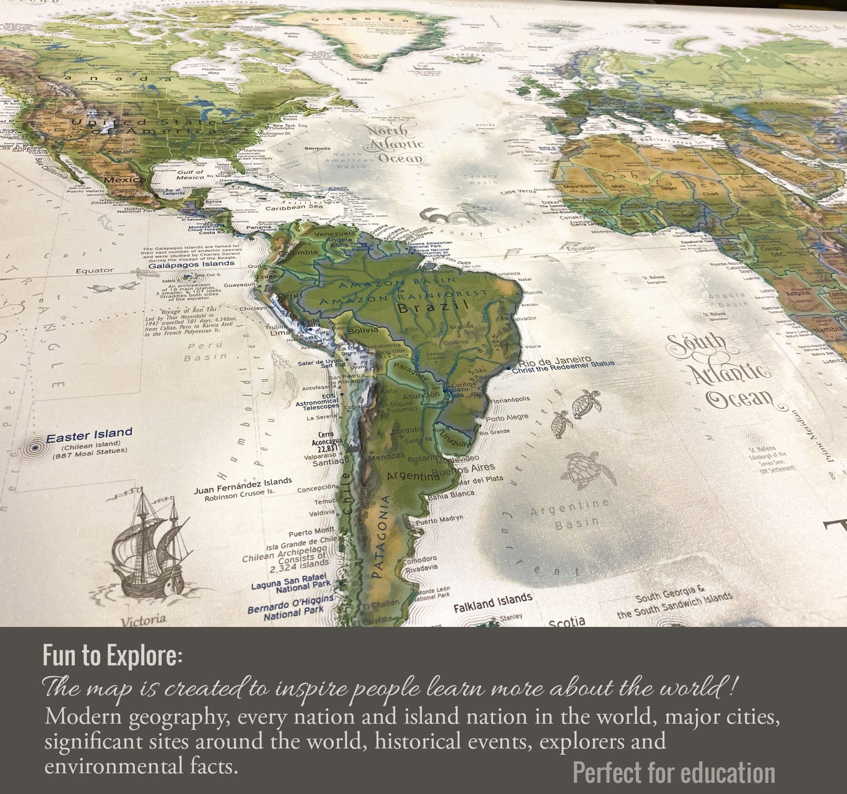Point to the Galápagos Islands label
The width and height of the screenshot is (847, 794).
tap(191, 264)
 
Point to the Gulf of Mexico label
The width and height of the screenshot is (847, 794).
tap(190, 175)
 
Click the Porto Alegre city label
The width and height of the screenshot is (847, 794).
tap(506, 418)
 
